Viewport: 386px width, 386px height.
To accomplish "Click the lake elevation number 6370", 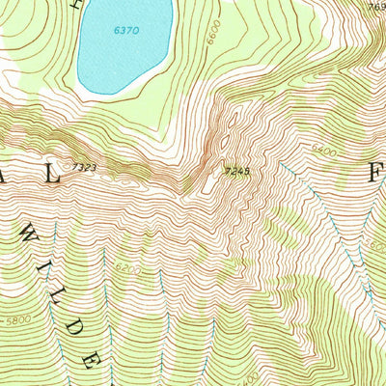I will (126, 31).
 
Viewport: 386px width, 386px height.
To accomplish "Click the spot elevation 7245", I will (237, 171).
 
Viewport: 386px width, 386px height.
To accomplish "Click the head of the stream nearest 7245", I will (283, 166).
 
